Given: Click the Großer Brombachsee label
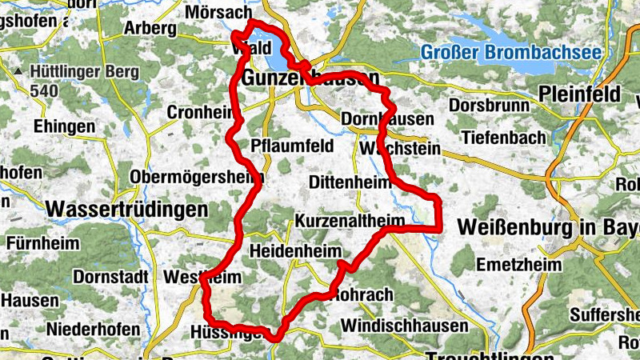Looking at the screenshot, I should click(x=510, y=54).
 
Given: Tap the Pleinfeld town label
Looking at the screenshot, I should click(x=585, y=92).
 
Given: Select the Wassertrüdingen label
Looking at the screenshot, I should click(x=126, y=210).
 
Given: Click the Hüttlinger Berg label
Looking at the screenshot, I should click(x=78, y=70).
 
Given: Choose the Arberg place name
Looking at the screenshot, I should click(x=150, y=28).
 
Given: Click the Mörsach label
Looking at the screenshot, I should click(x=218, y=13).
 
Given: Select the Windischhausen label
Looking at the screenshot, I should click(x=404, y=326).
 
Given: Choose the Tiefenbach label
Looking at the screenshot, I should click(x=501, y=136).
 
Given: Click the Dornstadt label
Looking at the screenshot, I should click(x=111, y=278).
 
